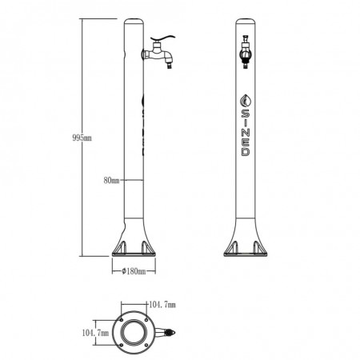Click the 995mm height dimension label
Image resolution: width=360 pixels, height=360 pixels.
(x=82, y=138)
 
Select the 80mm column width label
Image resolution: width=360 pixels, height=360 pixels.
(x=111, y=181)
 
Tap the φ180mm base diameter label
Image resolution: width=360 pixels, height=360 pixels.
(x=134, y=271)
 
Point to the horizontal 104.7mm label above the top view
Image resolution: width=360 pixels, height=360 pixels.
(x=162, y=305)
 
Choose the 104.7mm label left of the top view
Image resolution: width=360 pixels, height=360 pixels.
(x=95, y=333)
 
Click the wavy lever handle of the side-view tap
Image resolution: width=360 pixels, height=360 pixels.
(x=162, y=39)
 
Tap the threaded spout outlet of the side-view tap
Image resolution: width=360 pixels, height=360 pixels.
(x=170, y=65)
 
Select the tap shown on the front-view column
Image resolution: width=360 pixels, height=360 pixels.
(x=246, y=52)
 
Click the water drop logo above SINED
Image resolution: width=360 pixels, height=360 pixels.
(x=246, y=100)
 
